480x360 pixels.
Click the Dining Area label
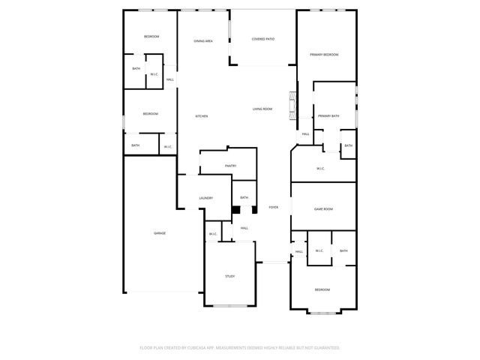click(x=203, y=41)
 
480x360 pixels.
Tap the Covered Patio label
click(x=262, y=38)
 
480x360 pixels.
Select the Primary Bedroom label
click(x=325, y=55)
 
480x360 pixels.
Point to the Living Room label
click(x=262, y=109)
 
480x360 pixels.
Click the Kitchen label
click(x=202, y=116)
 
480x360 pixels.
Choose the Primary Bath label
click(x=328, y=116)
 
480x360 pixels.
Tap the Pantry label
click(x=230, y=166)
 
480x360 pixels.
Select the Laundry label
click(x=205, y=198)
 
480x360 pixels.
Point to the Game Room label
click(x=323, y=209)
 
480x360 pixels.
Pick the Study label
click(x=230, y=277)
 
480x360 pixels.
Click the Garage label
click(x=160, y=233)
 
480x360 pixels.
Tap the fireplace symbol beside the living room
click(x=294, y=100)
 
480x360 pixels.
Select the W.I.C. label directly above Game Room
click(x=320, y=169)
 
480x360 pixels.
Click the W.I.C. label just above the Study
click(x=213, y=234)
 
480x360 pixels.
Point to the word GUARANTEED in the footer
click(x=325, y=348)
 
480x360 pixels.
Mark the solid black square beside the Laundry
click(x=235, y=210)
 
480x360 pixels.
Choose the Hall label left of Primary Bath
click(x=305, y=134)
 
